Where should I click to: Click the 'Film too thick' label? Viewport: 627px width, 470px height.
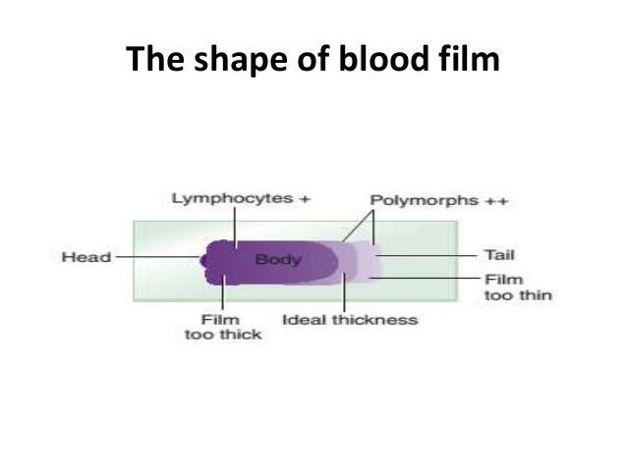tap(223, 327)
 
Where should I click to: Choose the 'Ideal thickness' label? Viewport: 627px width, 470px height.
tap(350, 320)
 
